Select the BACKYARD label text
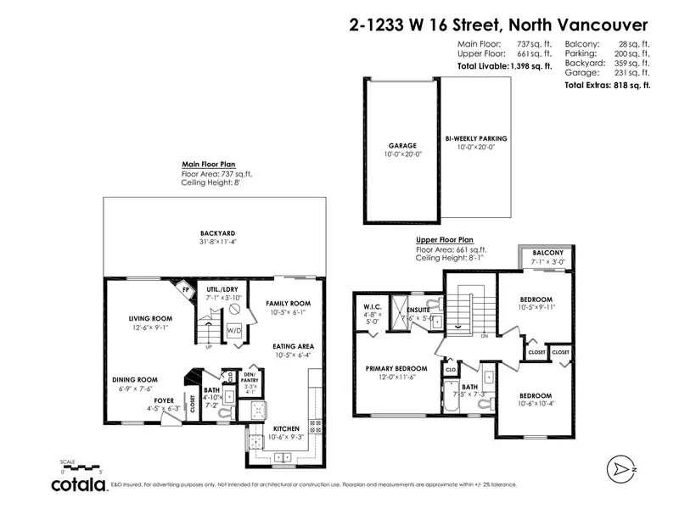(217, 232)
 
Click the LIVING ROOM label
(151, 319)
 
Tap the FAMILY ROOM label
(288, 304)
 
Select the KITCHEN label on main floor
(285, 428)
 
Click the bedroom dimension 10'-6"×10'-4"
(536, 404)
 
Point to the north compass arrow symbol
(622, 467)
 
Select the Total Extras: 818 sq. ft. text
(608, 86)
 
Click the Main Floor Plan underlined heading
(209, 165)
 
